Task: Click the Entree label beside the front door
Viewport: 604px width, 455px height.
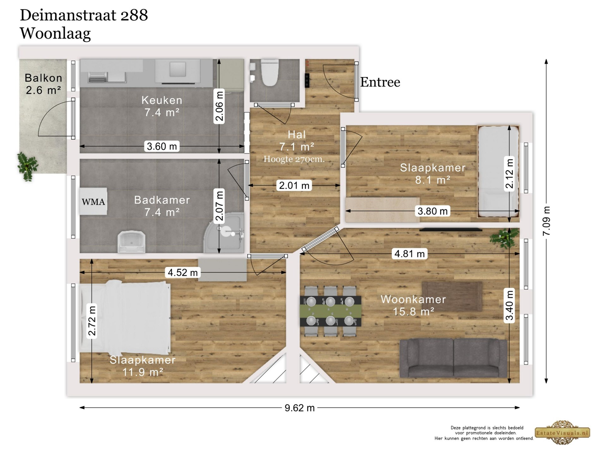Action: tap(380, 82)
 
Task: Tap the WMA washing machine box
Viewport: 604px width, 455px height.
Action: tap(93, 202)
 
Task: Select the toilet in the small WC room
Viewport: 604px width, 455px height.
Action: tap(270, 72)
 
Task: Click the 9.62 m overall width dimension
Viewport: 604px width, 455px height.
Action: tap(299, 408)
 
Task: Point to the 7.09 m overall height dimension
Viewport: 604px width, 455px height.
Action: tap(546, 221)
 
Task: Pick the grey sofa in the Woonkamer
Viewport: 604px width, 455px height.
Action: tap(453, 358)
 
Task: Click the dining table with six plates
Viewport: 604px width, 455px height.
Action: tap(330, 311)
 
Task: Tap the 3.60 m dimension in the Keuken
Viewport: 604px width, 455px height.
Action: tap(162, 146)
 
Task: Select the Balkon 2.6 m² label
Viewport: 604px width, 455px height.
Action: tap(43, 84)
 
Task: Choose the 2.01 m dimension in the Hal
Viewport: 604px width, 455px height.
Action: tap(294, 185)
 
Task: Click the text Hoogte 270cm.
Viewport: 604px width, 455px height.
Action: tap(294, 159)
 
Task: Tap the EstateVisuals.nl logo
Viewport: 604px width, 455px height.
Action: tap(563, 433)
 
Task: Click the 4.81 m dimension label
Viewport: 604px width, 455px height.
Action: tap(409, 254)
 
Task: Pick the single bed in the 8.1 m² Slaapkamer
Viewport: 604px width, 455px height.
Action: tap(498, 172)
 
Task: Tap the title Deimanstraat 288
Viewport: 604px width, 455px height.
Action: tap(84, 15)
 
